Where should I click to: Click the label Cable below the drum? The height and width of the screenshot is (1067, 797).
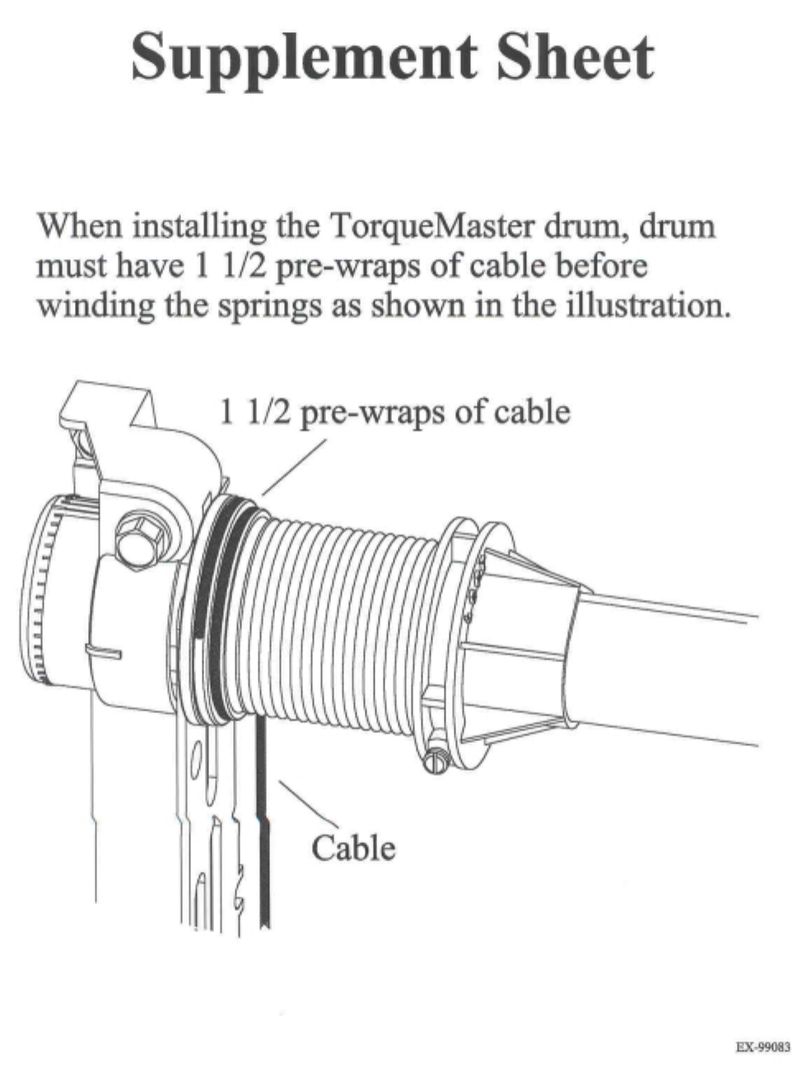(353, 847)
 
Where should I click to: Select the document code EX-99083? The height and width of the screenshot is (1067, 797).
(762, 1048)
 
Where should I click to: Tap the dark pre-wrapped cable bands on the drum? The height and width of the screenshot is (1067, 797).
(216, 609)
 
